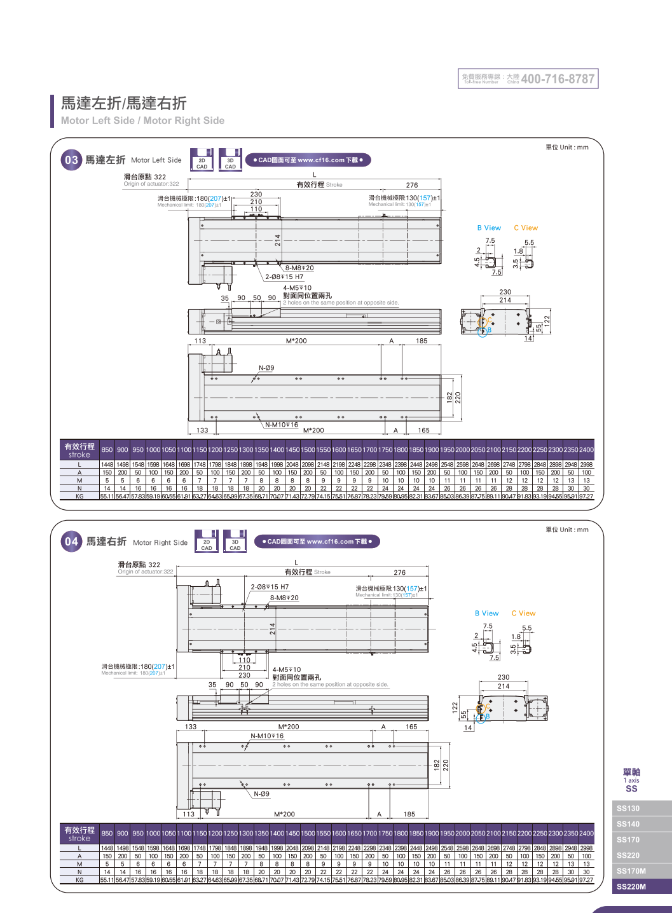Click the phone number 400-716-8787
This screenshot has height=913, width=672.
558,79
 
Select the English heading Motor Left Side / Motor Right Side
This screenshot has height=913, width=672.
142,121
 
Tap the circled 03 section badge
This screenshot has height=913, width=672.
71,160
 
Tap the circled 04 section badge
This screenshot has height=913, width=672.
71,542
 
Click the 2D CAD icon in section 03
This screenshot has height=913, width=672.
202,161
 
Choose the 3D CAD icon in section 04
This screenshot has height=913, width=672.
235,542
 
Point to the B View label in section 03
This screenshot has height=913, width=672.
489,228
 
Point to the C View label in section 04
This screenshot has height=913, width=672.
523,614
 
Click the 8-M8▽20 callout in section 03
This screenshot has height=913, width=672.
299,268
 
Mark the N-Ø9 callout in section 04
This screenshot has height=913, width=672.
262,794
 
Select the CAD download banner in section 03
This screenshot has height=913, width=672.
308,160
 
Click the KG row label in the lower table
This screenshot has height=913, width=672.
79,880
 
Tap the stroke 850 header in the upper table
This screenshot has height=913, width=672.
107,450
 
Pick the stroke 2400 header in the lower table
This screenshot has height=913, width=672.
586,834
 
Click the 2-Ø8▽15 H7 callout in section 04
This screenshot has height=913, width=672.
270,587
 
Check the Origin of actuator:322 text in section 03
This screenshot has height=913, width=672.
151,184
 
